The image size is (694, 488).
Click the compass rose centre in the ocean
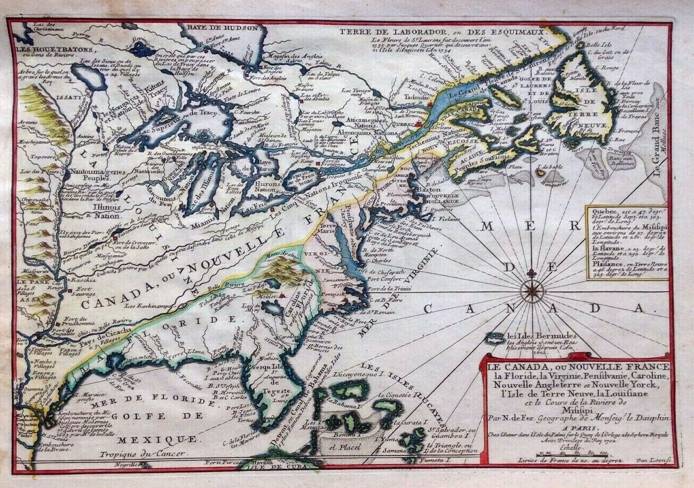532,291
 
